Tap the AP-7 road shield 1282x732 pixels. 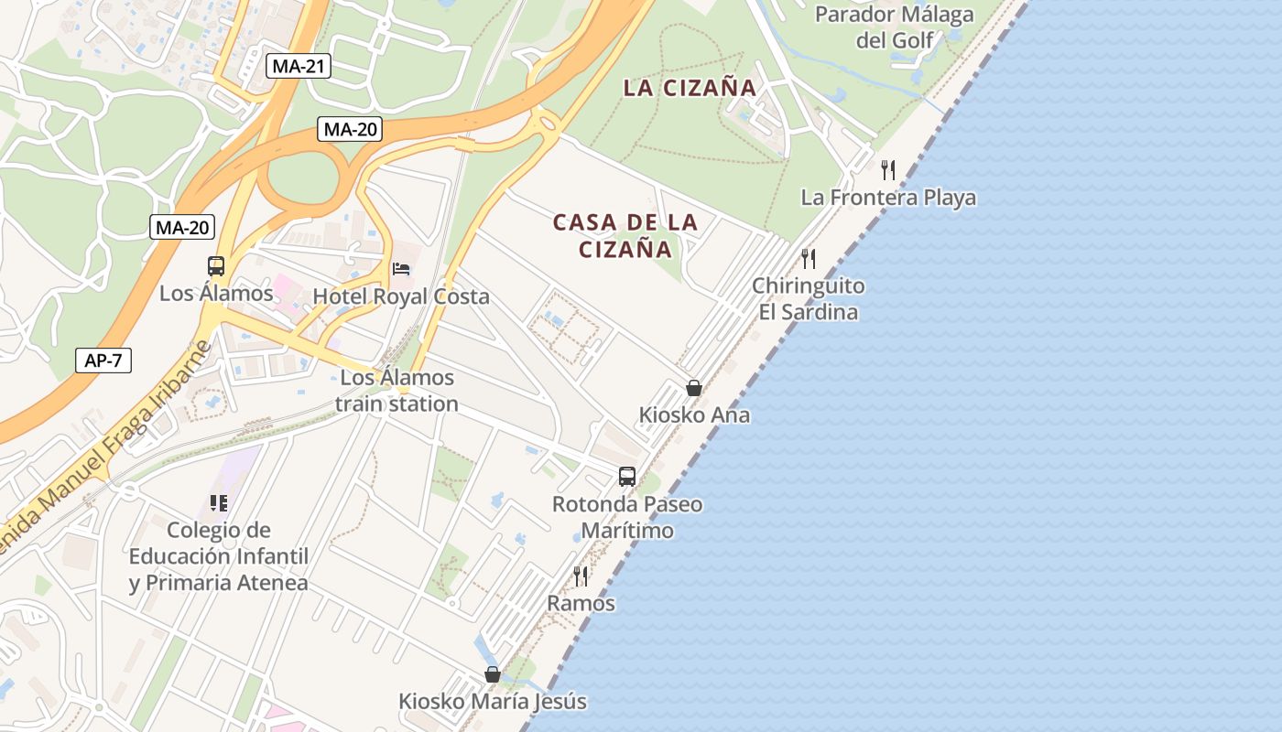point(103,361)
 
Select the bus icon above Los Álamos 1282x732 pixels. point(216,266)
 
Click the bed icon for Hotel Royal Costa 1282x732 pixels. point(401,269)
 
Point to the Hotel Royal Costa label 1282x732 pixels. point(401,296)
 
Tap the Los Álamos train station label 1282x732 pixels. point(397,391)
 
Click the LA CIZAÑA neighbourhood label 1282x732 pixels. point(690,89)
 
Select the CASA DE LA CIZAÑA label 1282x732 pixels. point(625,236)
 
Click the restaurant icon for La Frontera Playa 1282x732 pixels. point(887,169)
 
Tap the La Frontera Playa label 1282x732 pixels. point(888,198)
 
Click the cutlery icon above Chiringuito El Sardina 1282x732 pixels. point(808,258)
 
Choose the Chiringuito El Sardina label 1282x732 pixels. point(808,299)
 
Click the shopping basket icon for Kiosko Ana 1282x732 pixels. point(694,388)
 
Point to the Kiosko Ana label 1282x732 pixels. point(694,415)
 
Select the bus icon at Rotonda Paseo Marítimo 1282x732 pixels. point(627,476)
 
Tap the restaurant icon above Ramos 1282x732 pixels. point(581,576)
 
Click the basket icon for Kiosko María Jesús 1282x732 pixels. point(493,674)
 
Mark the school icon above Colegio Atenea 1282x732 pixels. point(218,502)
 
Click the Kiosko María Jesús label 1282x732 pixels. point(493,702)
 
